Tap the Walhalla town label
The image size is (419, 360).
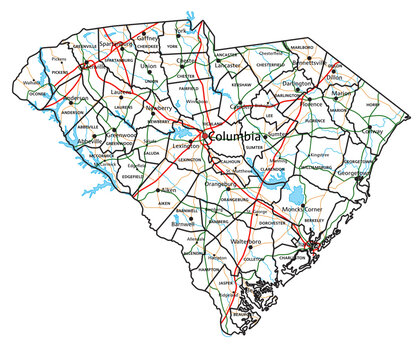[x=31, y=82]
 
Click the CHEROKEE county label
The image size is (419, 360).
[x=148, y=46]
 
